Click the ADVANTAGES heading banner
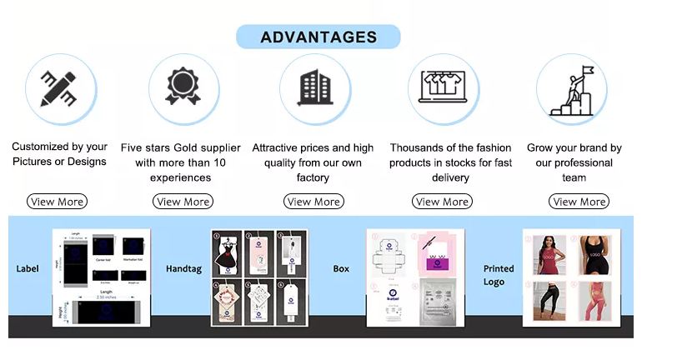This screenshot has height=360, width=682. [318, 37]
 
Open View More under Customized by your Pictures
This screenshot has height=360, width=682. [57, 202]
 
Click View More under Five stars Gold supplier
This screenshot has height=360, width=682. [183, 202]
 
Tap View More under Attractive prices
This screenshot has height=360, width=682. [313, 202]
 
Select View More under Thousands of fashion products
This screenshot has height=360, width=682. [442, 202]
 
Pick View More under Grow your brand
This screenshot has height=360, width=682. [579, 202]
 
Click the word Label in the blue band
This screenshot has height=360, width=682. [28, 269]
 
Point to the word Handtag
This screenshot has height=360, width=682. [183, 269]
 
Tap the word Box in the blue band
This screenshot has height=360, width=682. [341, 269]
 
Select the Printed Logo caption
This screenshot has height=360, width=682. [499, 275]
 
